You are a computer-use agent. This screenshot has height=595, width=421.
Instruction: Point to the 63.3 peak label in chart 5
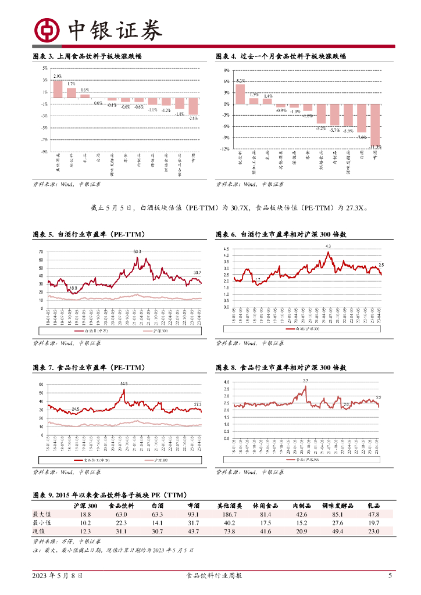(x=137, y=251)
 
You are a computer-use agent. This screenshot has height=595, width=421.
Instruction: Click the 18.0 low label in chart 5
(x=73, y=288)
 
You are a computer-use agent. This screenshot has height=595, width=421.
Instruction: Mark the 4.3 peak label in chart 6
(x=328, y=246)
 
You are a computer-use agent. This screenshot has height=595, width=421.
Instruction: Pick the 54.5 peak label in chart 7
(x=124, y=383)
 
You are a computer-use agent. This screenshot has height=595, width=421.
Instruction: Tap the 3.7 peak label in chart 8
(x=305, y=381)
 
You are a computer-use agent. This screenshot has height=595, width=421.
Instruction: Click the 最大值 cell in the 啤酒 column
(x=194, y=514)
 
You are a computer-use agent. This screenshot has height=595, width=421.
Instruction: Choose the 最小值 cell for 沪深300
(x=85, y=523)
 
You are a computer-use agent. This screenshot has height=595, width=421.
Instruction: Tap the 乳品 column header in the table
(x=374, y=506)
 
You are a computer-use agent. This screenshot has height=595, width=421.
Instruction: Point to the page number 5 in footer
(x=390, y=576)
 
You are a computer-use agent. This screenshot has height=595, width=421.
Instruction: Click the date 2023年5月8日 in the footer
(x=57, y=576)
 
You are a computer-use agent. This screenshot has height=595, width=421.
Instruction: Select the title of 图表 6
(x=281, y=235)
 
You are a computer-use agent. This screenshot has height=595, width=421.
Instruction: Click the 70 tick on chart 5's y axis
(x=41, y=252)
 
